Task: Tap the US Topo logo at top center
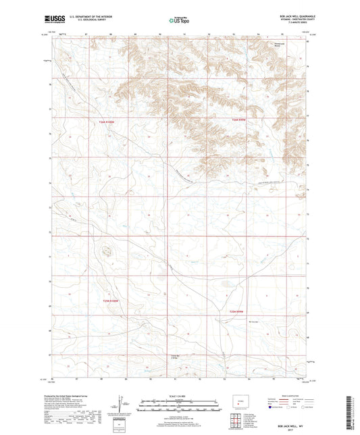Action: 179,21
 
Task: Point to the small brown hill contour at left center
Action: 106,252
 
